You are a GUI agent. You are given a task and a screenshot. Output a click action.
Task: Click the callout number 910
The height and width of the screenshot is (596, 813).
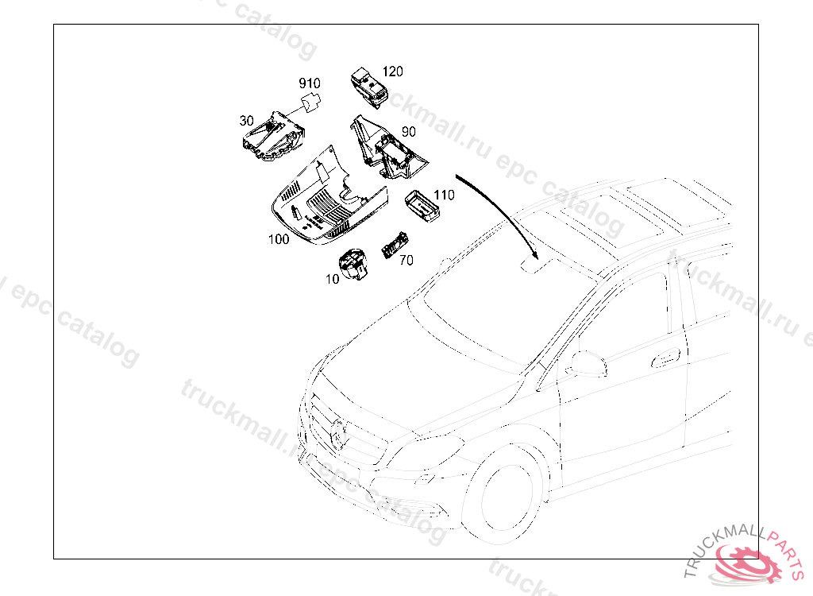pos(310,83)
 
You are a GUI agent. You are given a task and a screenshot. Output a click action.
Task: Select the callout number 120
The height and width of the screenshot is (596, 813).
pos(392,72)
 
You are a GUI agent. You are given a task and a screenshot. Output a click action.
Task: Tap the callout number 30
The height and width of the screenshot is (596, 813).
pos(246,121)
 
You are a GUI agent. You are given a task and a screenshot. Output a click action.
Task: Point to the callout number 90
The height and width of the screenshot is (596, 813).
pos(409,132)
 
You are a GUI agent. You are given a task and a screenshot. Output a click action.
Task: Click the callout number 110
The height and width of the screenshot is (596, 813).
pos(444,195)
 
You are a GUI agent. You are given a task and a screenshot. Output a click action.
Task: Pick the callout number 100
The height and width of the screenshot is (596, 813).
pos(279,239)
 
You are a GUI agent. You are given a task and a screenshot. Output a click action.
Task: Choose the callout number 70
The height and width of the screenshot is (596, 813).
pos(406,260)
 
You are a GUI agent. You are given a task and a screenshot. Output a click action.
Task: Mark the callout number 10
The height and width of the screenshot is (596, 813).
pos(332,279)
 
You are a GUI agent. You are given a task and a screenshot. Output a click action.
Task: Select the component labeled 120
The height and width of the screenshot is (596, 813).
pos(369,87)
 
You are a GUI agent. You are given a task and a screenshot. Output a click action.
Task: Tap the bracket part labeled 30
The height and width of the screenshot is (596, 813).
pos(273,136)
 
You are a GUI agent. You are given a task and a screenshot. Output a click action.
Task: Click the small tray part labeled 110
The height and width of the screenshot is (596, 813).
pos(422,206)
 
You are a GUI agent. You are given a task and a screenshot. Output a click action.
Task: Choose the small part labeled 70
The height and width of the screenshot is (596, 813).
pos(395,245)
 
